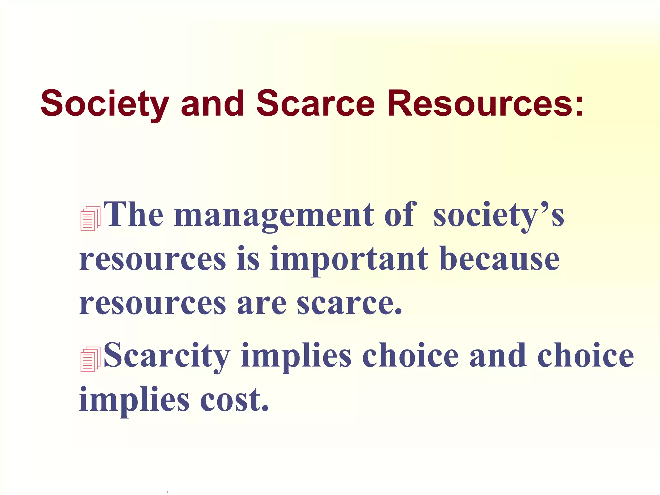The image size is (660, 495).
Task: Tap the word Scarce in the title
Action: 315,104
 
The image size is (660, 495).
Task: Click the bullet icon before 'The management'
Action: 90,218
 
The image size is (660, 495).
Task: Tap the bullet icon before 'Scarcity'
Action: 90,359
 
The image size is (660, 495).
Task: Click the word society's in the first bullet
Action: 499,215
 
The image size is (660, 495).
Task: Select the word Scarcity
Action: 167,356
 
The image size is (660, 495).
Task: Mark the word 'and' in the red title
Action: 212,104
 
